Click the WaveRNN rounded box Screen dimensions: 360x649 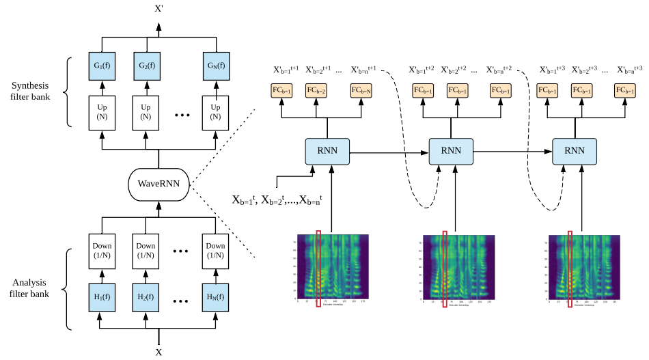159,183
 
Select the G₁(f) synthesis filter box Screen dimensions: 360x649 102,66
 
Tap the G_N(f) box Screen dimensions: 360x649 216,66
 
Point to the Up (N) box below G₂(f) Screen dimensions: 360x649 146,112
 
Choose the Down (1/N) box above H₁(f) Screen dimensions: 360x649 102,250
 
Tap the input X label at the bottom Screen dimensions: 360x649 159,352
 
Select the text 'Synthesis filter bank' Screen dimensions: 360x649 31,92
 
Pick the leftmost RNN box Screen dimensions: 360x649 327,151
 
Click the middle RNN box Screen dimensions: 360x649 451,151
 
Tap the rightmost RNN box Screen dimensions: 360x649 575,151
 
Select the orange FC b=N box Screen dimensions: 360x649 360,90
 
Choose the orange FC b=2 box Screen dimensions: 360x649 316,90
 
